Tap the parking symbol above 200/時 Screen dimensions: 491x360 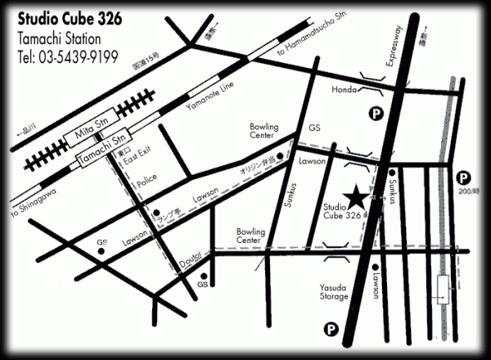[463, 176]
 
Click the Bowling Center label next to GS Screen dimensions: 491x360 [264, 133]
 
